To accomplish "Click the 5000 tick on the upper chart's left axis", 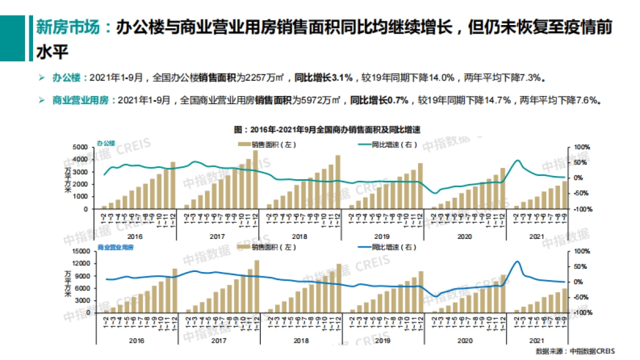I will pyautogui.click(x=80, y=147).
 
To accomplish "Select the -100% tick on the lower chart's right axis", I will pyautogui.click(x=579, y=312).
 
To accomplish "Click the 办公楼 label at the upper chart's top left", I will pyautogui.click(x=106, y=143).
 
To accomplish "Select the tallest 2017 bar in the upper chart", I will pyautogui.click(x=255, y=179).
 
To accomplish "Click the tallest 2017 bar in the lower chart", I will pyautogui.click(x=257, y=286).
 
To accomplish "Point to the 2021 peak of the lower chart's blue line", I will pyautogui.click(x=516, y=261).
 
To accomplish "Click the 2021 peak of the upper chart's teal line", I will pyautogui.click(x=517, y=160).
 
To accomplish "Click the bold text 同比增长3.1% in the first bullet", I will pyautogui.click(x=324, y=78).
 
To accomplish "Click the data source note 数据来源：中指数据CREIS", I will pyautogui.click(x=575, y=351).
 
